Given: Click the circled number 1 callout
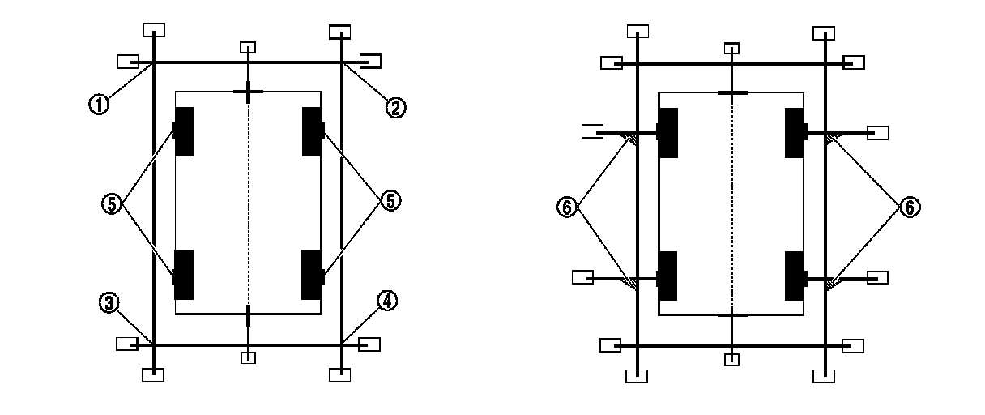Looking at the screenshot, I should (x=99, y=104).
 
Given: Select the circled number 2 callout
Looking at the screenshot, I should (x=394, y=107).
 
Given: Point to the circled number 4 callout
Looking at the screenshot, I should (x=388, y=302).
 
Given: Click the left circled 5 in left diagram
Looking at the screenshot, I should (x=112, y=203).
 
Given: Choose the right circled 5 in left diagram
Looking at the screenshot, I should (x=390, y=201).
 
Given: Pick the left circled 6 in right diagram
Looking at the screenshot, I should (x=567, y=207).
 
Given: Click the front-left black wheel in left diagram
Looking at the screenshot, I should (x=184, y=130).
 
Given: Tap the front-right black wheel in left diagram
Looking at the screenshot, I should (x=313, y=130).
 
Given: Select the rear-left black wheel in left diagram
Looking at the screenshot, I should (x=184, y=274).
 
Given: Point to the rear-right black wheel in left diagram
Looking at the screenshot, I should (x=313, y=274).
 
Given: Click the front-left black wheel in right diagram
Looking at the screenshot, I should (x=667, y=132).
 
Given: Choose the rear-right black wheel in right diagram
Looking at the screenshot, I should (x=794, y=276).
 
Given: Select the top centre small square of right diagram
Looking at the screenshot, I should (x=731, y=48).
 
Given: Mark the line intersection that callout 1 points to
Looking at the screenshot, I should (x=153, y=62).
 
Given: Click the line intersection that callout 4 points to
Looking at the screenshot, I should (x=341, y=344).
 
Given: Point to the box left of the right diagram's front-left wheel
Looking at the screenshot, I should (x=593, y=131).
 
